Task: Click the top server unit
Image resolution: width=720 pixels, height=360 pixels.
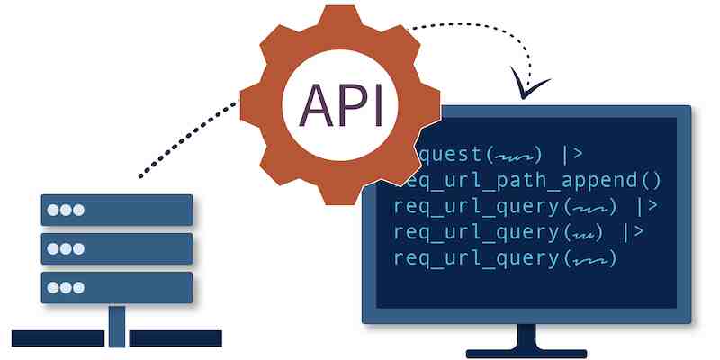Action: pos(117,210)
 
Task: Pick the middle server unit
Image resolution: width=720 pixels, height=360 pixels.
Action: pos(117,248)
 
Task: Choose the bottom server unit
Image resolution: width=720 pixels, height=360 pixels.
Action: pos(117,287)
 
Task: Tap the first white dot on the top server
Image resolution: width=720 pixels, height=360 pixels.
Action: pos(53,210)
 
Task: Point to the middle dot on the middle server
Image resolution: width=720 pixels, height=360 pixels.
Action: pos(66,249)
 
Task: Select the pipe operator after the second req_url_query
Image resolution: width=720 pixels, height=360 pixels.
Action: pos(634,232)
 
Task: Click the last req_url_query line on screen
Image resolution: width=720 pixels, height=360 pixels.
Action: pos(505,259)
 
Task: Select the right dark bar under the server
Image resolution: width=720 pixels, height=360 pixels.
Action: pos(175,338)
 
